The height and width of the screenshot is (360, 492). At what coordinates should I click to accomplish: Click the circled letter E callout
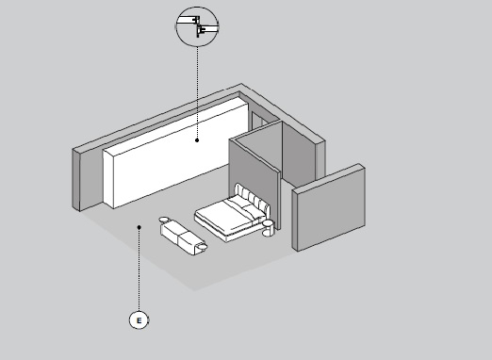pos(139,320)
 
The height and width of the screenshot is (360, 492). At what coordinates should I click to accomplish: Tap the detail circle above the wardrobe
pos(197,26)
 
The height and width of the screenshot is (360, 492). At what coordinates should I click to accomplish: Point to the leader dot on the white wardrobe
pos(197,140)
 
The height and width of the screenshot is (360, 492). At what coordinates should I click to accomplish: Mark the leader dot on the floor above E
pos(139,227)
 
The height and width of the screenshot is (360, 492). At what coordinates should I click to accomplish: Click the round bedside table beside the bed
pos(269,228)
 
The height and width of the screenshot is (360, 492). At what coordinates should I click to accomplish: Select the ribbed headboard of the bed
pos(252,198)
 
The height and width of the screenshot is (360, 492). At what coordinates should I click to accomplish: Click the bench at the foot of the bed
pos(179,237)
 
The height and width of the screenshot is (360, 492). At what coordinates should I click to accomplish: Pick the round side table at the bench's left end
pos(164,220)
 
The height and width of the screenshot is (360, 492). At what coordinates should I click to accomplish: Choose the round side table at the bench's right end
pos(202,246)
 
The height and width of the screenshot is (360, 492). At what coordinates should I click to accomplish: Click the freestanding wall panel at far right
pos(329,207)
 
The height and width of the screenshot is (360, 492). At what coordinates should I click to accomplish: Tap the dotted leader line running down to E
pos(139,270)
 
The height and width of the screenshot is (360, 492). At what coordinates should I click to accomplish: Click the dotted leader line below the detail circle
pos(197,92)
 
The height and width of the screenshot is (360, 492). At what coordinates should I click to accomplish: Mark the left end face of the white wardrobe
pos(108,179)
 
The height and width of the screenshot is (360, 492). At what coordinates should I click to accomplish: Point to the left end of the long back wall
pos(76,179)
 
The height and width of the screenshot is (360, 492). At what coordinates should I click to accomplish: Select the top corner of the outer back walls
pos(241,84)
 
